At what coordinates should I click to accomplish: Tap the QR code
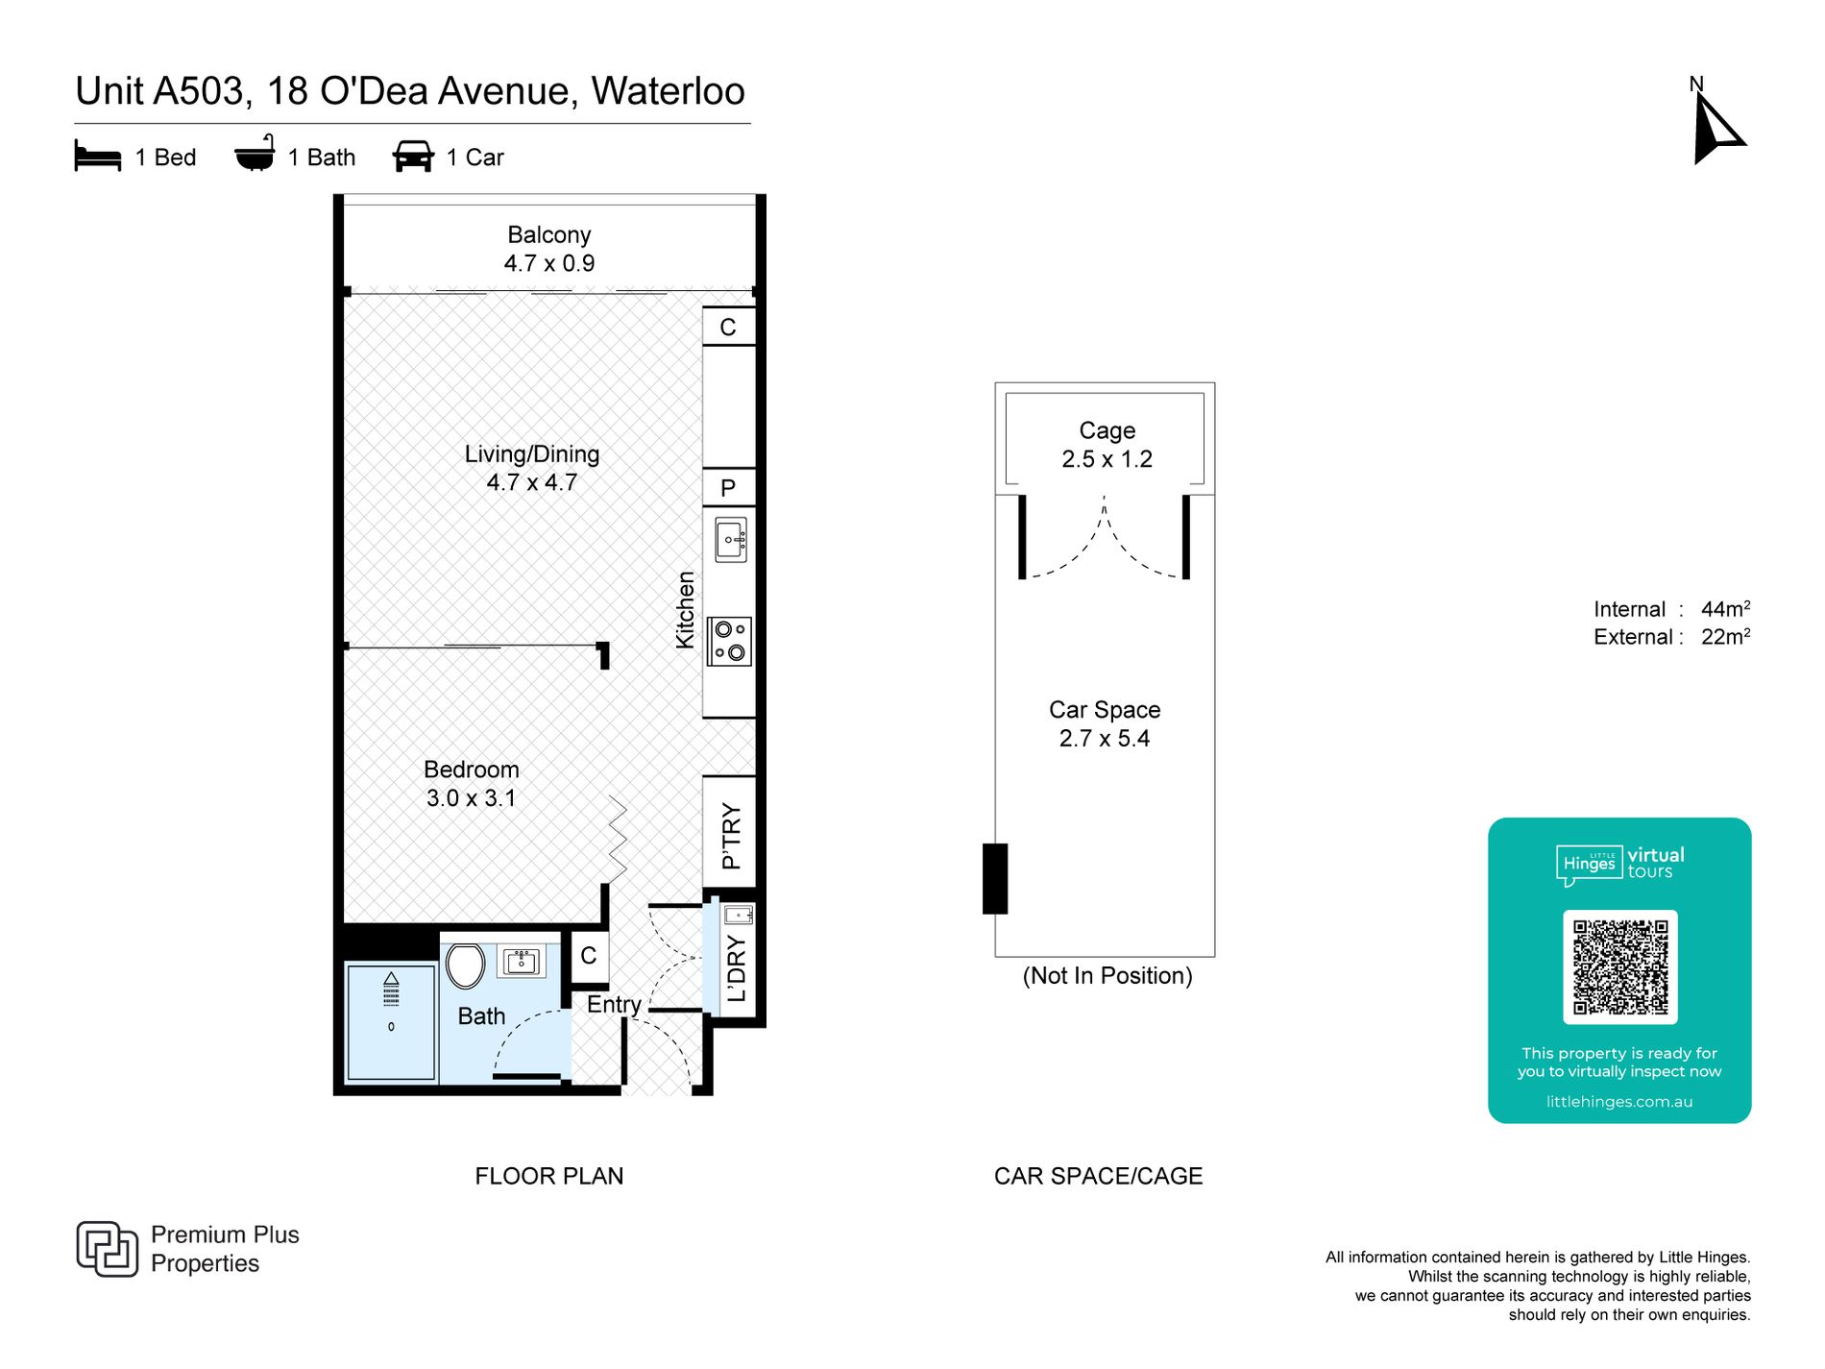tap(1619, 966)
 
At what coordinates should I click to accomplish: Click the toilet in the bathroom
tap(466, 966)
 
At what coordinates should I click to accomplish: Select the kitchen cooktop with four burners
tap(729, 641)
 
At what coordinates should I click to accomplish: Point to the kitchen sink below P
tap(731, 539)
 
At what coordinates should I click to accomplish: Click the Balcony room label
tap(549, 234)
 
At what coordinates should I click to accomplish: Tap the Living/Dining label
tap(532, 453)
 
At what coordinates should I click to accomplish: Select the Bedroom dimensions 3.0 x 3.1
tap(472, 798)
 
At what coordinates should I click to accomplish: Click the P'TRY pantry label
tap(731, 835)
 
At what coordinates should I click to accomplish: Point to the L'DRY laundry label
tap(737, 968)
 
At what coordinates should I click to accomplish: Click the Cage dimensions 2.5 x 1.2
tap(1107, 459)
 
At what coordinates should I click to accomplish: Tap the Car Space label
tap(1105, 710)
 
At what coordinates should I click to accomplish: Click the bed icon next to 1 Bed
tap(98, 156)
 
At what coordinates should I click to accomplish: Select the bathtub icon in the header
tap(255, 153)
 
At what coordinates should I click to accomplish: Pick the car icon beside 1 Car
tap(413, 157)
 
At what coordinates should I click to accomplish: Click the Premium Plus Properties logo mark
tap(107, 1249)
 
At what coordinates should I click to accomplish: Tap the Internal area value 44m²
tap(1725, 609)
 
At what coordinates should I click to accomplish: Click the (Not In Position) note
tap(1107, 976)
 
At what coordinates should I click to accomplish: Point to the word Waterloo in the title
tap(669, 91)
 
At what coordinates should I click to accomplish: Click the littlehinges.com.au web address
tap(1619, 1102)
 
